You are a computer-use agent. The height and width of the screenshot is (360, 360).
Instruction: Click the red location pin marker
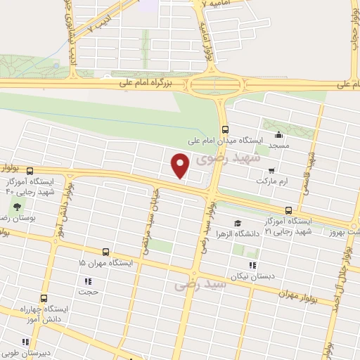tap(180, 165)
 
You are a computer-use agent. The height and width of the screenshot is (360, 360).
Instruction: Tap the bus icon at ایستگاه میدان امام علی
tap(226, 129)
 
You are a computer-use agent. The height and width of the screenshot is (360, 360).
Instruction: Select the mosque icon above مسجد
tap(280, 136)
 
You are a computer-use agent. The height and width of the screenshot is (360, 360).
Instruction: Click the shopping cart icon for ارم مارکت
tap(271, 170)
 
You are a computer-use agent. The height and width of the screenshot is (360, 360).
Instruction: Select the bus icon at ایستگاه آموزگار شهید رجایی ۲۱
tap(289, 210)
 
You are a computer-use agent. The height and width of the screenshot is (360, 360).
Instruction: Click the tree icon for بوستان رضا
tap(15, 207)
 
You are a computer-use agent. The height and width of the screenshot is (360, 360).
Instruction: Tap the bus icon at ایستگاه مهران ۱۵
tap(105, 252)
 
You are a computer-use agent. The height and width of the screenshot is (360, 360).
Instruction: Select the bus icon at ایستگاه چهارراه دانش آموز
tap(44, 298)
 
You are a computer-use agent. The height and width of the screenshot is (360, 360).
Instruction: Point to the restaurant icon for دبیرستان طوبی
tap(26, 342)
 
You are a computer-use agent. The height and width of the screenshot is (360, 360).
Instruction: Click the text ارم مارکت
tap(252, 181)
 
